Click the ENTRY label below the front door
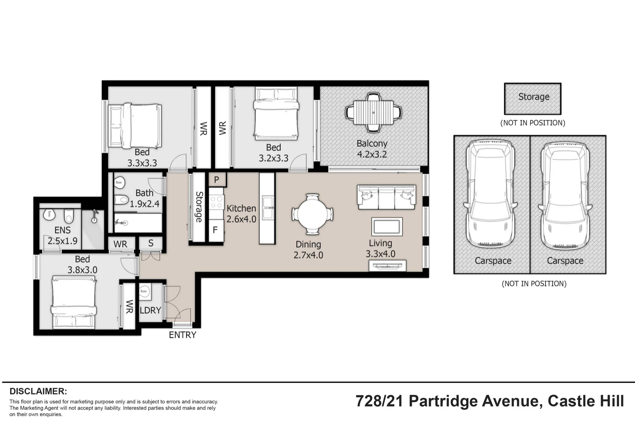(x=183, y=335)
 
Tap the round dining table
(x=312, y=214)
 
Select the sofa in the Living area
(x=386, y=197)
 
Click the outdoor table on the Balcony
(x=373, y=112)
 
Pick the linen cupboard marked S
(x=151, y=244)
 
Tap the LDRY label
(x=150, y=310)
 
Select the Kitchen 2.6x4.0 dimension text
(x=241, y=214)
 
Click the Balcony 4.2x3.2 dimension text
(x=372, y=149)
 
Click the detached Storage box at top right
(x=533, y=99)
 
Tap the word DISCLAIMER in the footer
(x=38, y=391)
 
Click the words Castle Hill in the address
(x=586, y=401)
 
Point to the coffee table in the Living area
(x=387, y=227)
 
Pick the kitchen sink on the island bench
(x=267, y=208)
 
